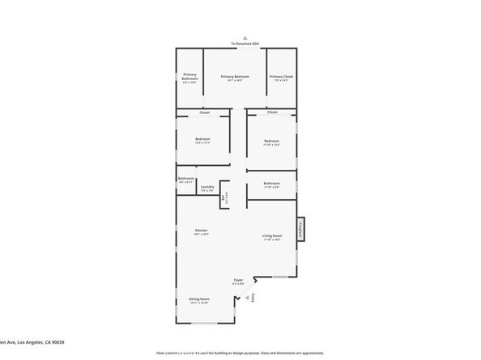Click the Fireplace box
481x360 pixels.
(300, 229)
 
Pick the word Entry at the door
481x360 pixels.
(253, 298)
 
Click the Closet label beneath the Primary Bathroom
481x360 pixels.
(204, 112)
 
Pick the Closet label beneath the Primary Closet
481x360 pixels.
(272, 112)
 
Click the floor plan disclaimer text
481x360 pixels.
(240, 354)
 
